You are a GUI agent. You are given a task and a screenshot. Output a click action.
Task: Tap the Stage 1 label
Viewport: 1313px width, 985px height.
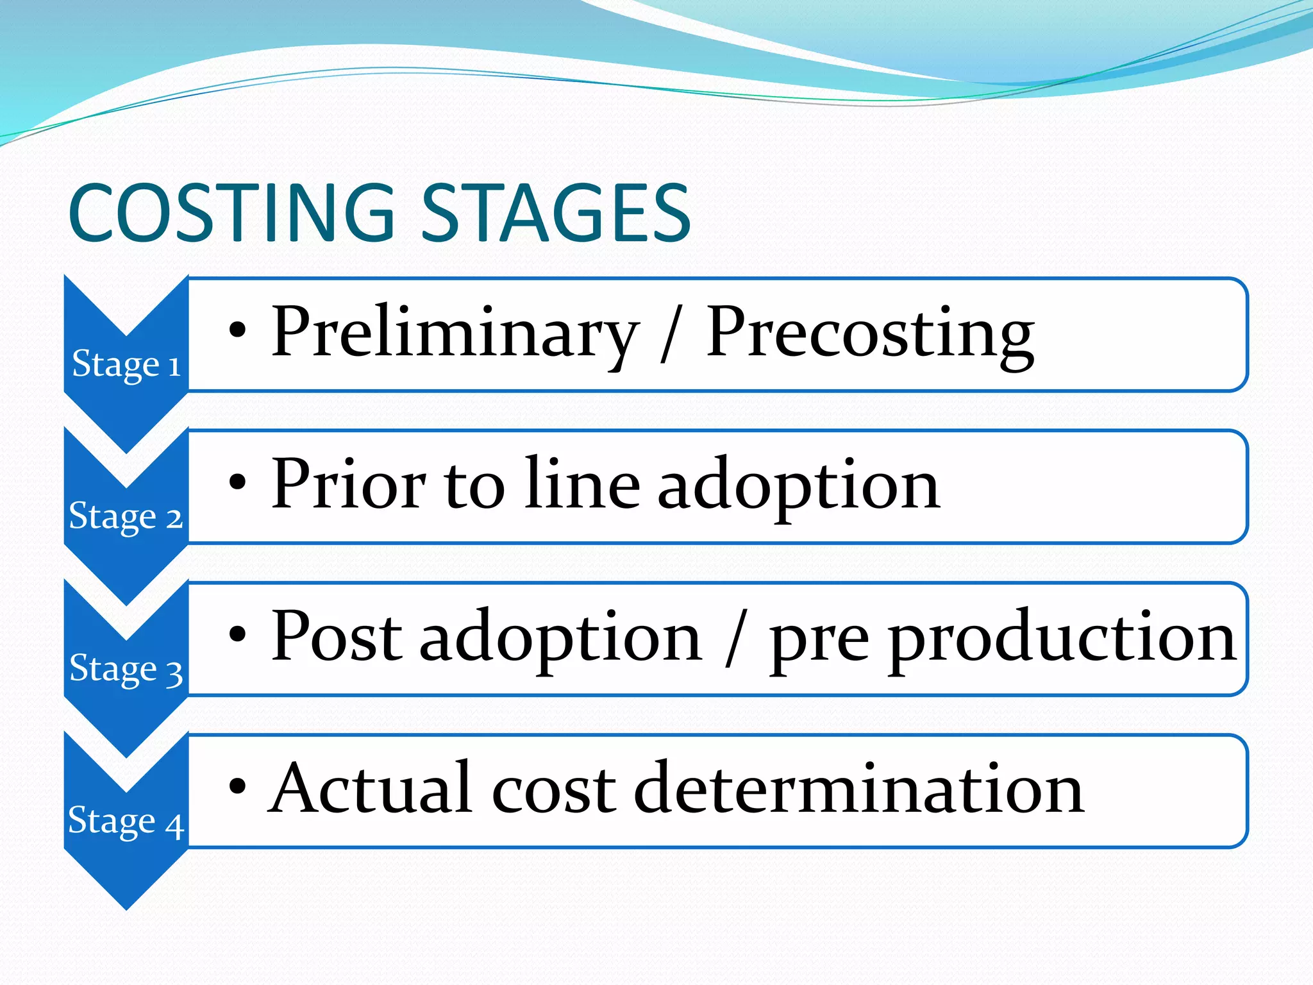(126, 364)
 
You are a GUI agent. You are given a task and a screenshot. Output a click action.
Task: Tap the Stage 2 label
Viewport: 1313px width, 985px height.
(126, 516)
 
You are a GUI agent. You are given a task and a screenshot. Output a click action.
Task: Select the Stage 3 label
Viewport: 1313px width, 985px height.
(126, 669)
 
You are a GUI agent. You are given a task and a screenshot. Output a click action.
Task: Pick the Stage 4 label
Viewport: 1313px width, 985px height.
(126, 821)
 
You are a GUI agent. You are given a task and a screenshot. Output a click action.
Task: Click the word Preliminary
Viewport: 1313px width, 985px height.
(454, 333)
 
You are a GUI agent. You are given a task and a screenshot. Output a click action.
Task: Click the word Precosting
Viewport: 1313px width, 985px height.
(869, 333)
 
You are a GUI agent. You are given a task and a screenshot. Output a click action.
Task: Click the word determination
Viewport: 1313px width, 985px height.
(859, 789)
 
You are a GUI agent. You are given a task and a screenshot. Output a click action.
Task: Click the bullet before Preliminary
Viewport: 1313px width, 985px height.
(237, 330)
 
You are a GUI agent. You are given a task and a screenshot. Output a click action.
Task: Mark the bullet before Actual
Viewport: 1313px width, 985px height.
(237, 786)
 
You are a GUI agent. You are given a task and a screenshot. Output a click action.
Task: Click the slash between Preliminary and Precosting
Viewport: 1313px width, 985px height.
(671, 333)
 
